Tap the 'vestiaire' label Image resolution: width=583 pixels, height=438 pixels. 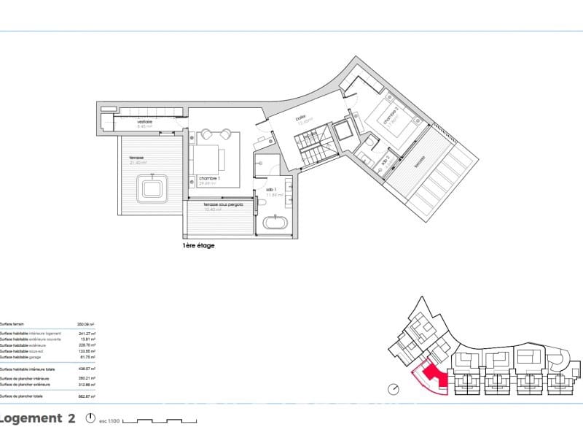click(x=144, y=121)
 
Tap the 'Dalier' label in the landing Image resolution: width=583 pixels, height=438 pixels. click(x=300, y=118)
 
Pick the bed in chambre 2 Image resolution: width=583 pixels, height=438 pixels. click(x=389, y=118)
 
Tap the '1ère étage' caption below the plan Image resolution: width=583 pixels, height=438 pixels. click(x=199, y=246)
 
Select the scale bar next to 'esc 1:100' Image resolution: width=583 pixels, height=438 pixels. click(x=159, y=421)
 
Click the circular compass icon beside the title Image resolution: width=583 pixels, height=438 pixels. click(x=91, y=419)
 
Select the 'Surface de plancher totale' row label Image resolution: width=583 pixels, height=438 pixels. click(x=22, y=396)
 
